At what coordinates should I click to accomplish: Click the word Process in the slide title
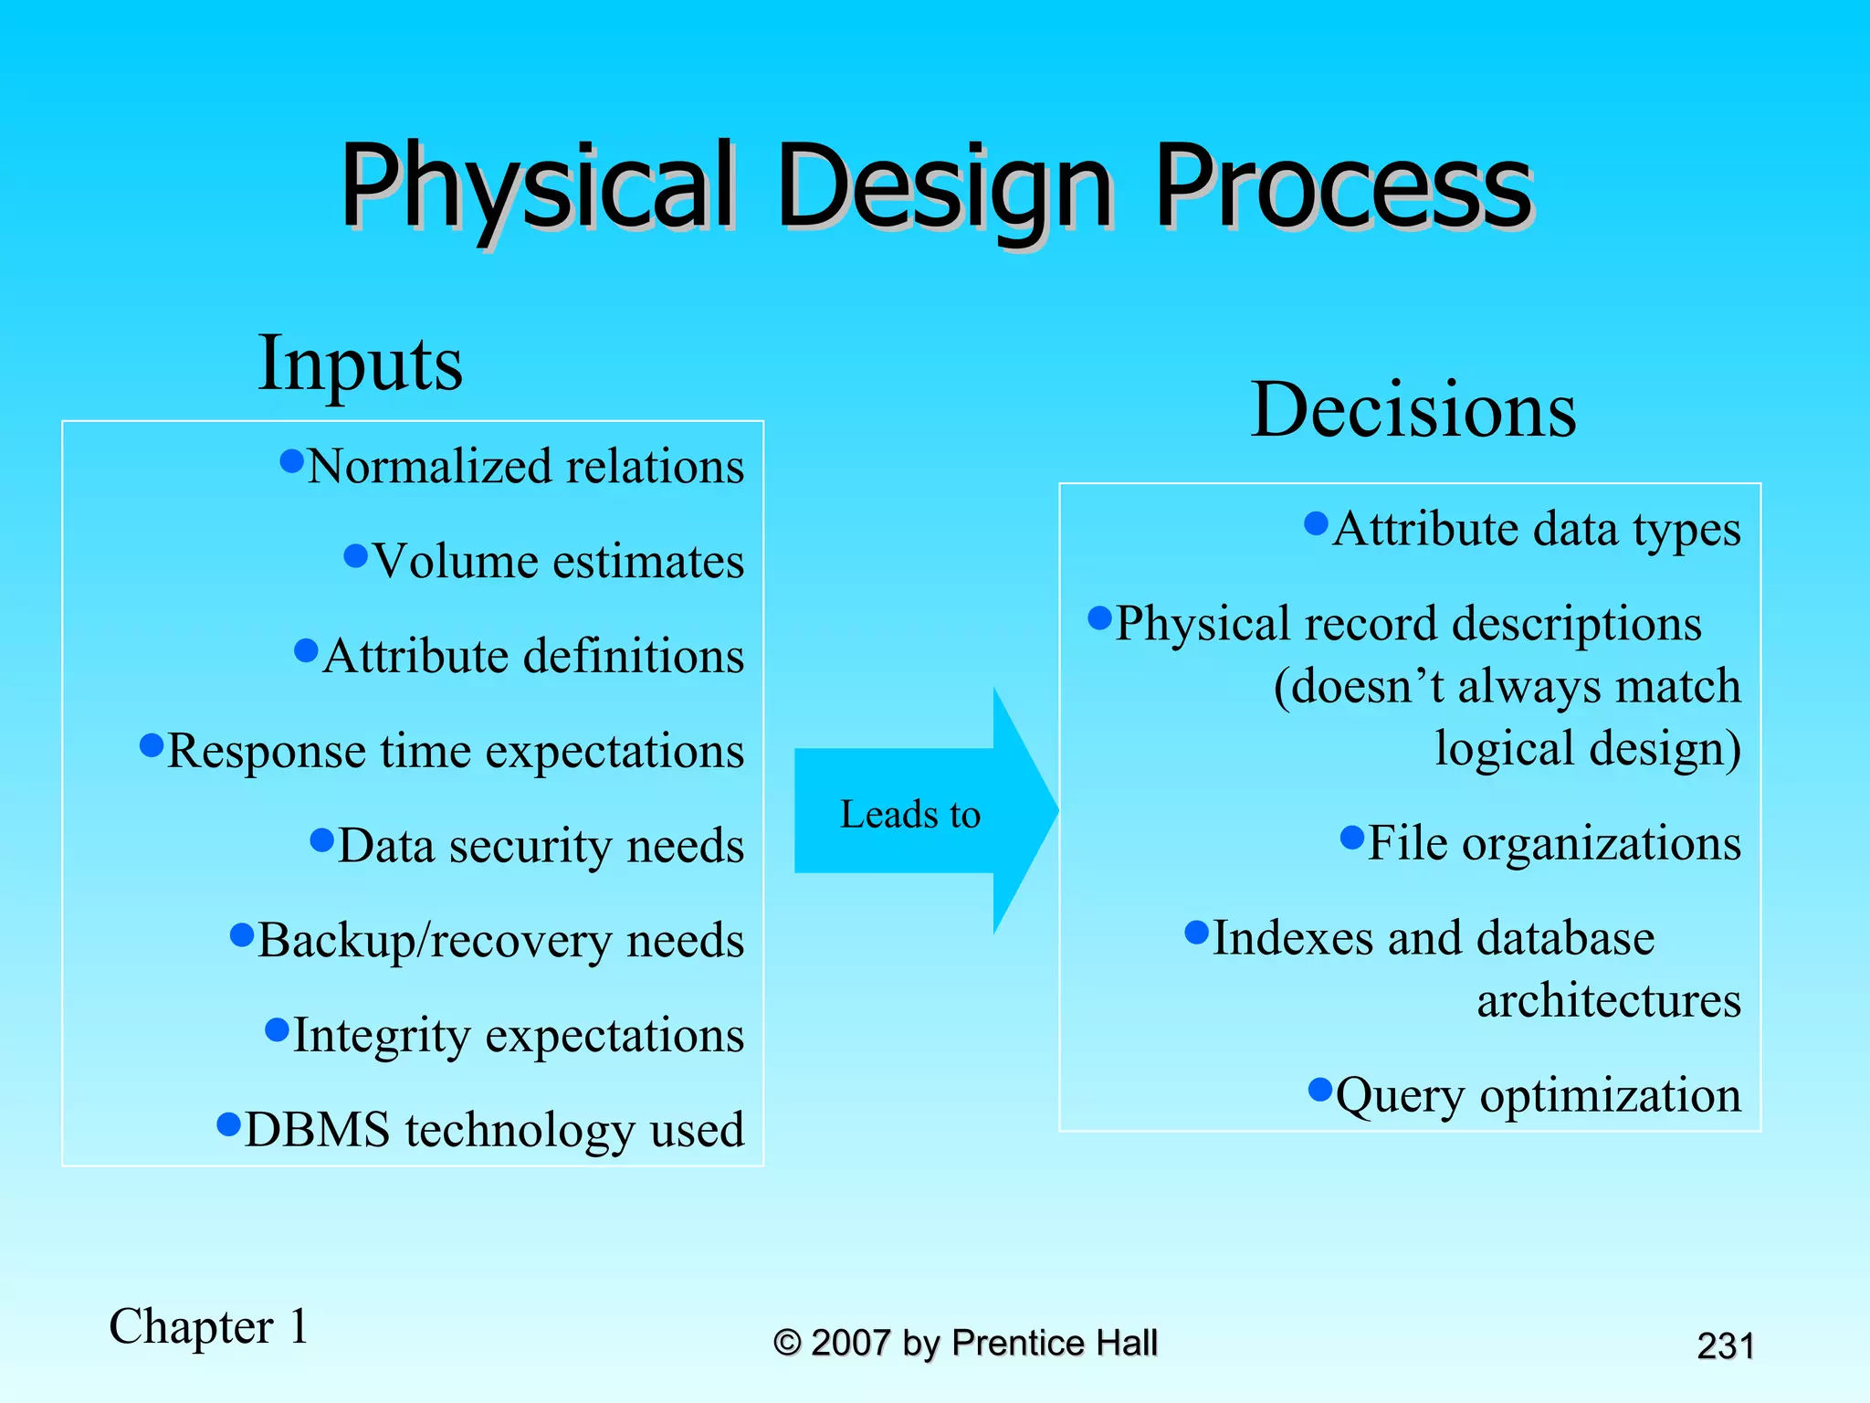[1342, 187]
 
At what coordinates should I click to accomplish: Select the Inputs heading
[360, 364]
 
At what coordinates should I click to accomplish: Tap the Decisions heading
[1413, 410]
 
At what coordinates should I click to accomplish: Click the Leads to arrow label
[909, 814]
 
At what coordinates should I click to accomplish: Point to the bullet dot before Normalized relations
[291, 461]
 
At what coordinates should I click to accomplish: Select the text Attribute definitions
[533, 656]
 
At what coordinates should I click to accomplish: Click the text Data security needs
[541, 846]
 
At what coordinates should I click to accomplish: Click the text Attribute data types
[1537, 530]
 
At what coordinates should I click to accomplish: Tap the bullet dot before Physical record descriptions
[1100, 618]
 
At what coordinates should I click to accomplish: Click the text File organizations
[1554, 843]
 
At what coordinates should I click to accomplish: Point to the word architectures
[1609, 1000]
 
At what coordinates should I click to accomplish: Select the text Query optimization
[1538, 1095]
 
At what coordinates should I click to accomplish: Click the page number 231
[1725, 1346]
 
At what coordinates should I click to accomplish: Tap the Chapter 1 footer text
[209, 1326]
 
